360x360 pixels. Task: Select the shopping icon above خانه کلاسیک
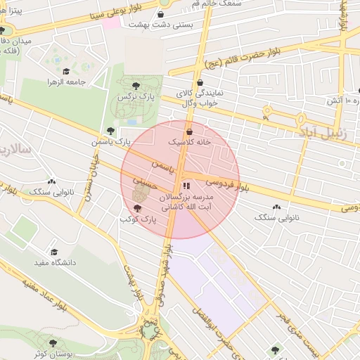(189, 131)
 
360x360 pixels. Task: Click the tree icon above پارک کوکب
(137, 208)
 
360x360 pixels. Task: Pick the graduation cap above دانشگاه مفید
(54, 252)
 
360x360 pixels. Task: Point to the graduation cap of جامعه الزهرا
(66, 71)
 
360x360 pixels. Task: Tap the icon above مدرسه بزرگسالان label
(186, 186)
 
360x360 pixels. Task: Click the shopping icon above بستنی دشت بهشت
(162, 14)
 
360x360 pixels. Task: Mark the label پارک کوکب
(137, 220)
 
